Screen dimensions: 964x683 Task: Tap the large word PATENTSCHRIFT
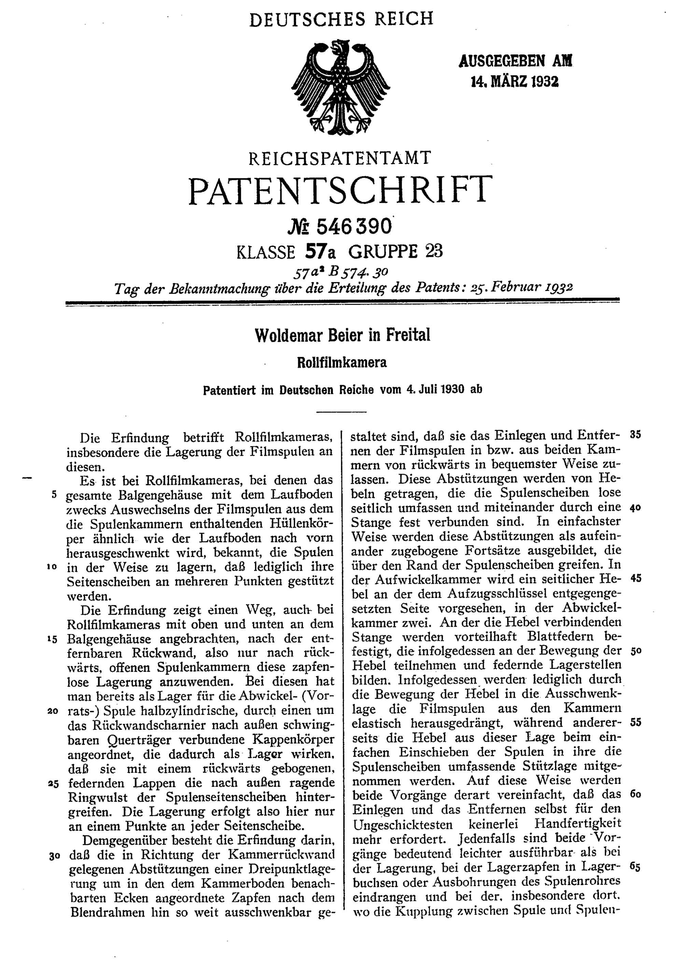[x=340, y=190]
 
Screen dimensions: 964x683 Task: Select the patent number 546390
[x=354, y=227]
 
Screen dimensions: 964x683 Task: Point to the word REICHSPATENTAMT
[x=340, y=158]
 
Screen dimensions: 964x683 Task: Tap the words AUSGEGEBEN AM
[x=515, y=61]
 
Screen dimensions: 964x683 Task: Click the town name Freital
[x=408, y=335]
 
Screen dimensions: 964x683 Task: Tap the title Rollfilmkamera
[x=341, y=362]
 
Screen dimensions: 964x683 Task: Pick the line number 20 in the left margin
[x=53, y=711]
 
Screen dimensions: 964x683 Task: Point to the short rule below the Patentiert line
[x=341, y=411]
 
